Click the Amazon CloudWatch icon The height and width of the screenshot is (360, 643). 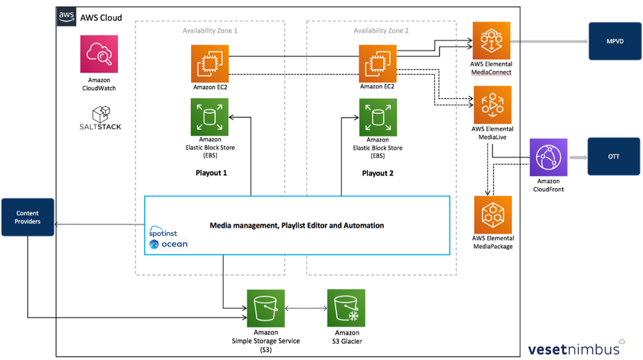99,54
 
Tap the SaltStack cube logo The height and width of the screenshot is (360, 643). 101,114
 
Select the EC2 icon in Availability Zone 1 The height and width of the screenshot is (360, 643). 210,64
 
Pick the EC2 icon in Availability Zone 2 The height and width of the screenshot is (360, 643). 378,64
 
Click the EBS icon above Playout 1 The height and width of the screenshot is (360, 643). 209,118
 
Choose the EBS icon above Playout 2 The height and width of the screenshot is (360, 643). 378,118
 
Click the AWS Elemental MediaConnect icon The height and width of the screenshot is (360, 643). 491,41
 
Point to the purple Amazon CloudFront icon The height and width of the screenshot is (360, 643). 548,157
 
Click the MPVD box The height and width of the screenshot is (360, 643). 614,41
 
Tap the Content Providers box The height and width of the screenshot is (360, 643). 28,217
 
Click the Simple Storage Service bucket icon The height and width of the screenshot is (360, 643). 266,308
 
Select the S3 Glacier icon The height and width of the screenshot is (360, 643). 346,308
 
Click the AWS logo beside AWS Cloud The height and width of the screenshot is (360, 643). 66,17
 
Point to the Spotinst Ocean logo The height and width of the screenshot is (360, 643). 168,238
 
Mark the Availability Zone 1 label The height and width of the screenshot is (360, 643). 209,30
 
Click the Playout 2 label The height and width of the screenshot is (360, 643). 378,174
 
